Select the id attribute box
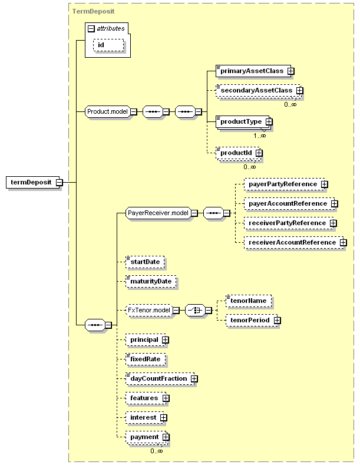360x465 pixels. point(108,45)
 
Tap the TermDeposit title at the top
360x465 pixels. point(93,11)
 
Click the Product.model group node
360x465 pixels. point(108,111)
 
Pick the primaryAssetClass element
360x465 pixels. point(253,71)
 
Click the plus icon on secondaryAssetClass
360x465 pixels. point(300,90)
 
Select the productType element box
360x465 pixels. point(242,121)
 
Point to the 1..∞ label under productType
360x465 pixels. point(259,136)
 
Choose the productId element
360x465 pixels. point(237,153)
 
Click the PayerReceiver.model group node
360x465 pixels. point(158,213)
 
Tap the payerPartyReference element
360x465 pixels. point(284,184)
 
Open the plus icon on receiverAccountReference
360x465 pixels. point(343,243)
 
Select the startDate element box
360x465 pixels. point(145,262)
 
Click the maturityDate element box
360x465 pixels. point(151,282)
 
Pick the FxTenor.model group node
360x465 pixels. point(149,310)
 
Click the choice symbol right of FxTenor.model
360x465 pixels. point(195,310)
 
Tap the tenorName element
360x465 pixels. point(249,301)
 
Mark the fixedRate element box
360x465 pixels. point(146,359)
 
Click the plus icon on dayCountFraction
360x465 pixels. point(194,379)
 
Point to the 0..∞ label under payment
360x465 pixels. point(157,451)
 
